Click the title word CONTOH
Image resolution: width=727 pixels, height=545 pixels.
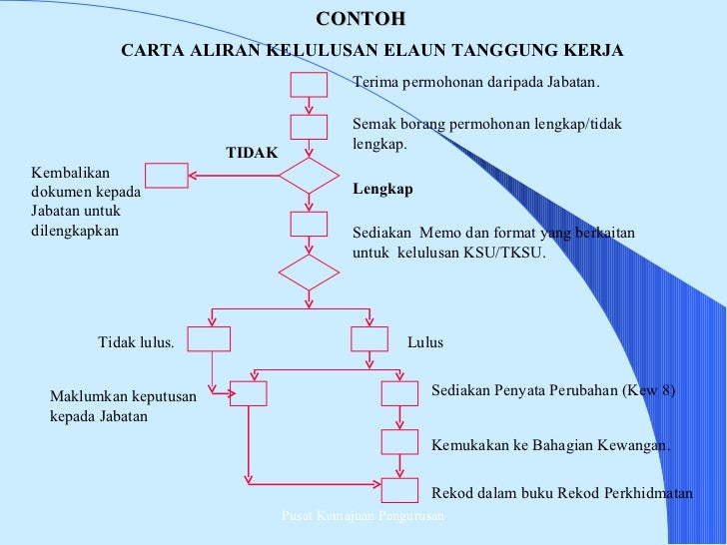[x=361, y=19]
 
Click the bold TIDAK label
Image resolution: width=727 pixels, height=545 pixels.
[x=252, y=152]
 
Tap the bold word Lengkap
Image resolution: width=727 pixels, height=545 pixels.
[x=383, y=189]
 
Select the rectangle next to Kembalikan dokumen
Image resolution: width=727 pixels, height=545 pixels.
[x=167, y=176]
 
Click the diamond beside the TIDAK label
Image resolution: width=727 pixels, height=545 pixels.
[x=309, y=176]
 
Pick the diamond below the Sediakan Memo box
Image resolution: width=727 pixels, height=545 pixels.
[x=309, y=272]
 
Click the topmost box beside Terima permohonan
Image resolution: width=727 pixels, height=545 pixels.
[x=309, y=84]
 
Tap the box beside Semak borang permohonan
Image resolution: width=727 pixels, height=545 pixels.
[x=309, y=127]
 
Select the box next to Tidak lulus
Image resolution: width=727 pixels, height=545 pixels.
[x=210, y=339]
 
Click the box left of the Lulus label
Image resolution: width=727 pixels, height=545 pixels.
[x=369, y=339]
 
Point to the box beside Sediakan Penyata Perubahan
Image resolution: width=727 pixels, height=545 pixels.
[x=399, y=393]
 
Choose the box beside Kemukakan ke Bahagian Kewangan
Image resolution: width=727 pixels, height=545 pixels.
[x=399, y=441]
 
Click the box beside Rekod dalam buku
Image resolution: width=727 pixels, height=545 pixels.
[x=399, y=489]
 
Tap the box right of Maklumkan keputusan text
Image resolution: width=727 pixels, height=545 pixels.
[x=249, y=393]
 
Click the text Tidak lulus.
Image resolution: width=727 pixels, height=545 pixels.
[x=136, y=342]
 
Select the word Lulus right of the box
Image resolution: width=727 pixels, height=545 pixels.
[x=425, y=342]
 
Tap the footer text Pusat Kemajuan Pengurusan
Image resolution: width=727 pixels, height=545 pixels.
[x=363, y=514]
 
